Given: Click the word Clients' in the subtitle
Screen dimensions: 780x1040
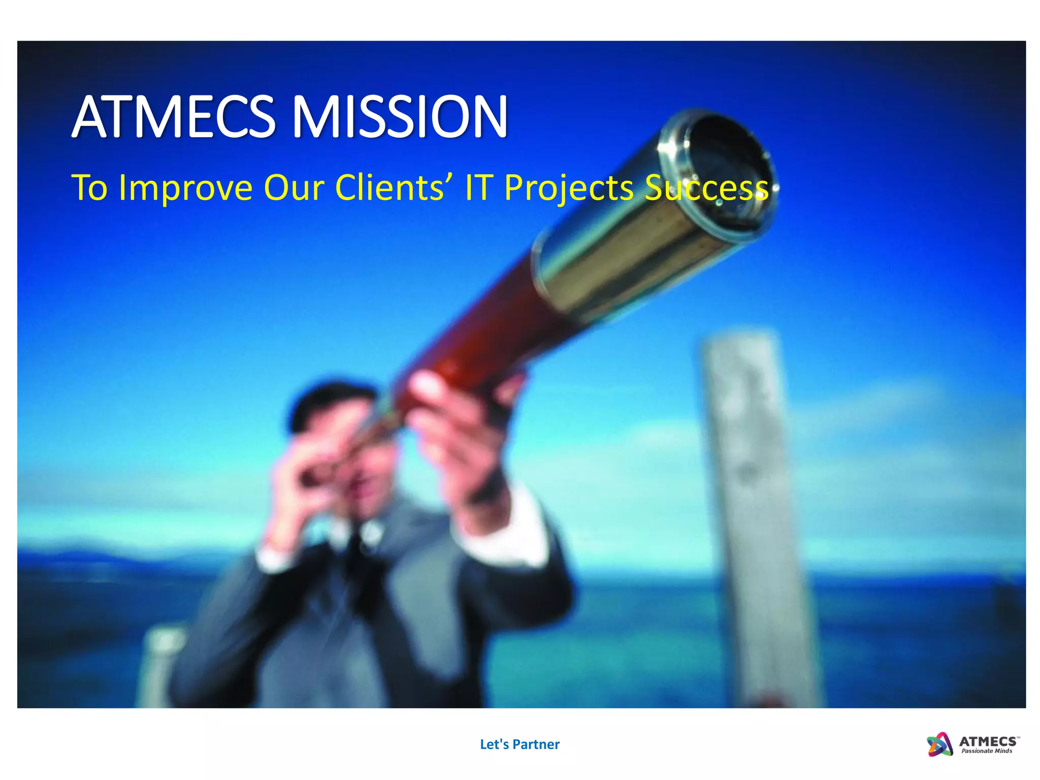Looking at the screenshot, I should pyautogui.click(x=390, y=187).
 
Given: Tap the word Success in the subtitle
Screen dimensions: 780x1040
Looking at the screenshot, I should pyautogui.click(x=706, y=188).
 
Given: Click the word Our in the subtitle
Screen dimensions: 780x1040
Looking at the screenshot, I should pyautogui.click(x=294, y=187).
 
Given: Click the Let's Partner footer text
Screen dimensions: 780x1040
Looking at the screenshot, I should pyautogui.click(x=519, y=744).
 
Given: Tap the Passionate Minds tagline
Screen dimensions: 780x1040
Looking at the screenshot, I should pyautogui.click(x=986, y=751).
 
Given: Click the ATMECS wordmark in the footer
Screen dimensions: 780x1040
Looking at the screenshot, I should pyautogui.click(x=988, y=741).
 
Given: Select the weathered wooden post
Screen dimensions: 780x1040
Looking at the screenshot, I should pyautogui.click(x=752, y=508).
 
